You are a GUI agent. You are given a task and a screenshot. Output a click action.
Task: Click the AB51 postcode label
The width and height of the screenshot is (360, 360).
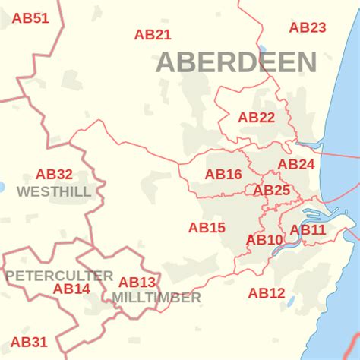pos(30,18)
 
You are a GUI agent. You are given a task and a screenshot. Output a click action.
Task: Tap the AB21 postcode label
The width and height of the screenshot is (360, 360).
pos(153,34)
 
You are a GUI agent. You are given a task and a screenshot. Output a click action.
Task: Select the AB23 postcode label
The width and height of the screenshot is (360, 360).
pos(308,27)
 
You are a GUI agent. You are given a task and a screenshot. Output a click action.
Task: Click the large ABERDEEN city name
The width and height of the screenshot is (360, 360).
pos(236,62)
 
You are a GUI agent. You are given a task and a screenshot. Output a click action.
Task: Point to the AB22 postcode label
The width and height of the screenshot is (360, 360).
pos(256,117)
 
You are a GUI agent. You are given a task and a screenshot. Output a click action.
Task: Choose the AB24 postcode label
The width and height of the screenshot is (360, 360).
pos(295,164)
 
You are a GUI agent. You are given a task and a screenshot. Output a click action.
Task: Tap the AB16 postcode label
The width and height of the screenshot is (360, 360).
pos(223,175)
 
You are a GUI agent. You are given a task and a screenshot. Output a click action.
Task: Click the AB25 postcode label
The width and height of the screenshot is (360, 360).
pos(272,190)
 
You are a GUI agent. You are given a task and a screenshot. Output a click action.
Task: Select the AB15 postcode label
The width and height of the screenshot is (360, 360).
pos(207,227)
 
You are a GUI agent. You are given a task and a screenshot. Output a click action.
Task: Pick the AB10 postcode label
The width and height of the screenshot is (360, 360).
pos(264,240)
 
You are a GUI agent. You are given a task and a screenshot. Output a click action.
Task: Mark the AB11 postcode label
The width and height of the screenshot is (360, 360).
pos(308,229)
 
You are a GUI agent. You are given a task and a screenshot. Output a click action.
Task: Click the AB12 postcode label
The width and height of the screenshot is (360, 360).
pos(267,292)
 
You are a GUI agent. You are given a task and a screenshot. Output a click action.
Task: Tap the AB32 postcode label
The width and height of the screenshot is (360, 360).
pos(54,175)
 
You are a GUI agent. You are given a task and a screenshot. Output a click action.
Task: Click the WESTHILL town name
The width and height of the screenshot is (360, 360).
pos(54,191)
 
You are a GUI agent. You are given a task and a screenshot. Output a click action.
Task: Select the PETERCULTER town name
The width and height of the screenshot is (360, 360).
pos(59,275)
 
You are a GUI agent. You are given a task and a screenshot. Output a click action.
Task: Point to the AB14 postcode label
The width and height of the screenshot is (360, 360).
pos(71,289)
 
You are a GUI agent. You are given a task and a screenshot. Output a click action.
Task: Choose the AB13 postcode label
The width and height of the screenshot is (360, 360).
pos(137,283)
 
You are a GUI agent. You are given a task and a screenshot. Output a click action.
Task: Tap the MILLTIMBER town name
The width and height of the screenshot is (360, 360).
pos(156,298)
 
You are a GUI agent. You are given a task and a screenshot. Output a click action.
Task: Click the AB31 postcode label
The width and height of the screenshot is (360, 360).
pos(29,342)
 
